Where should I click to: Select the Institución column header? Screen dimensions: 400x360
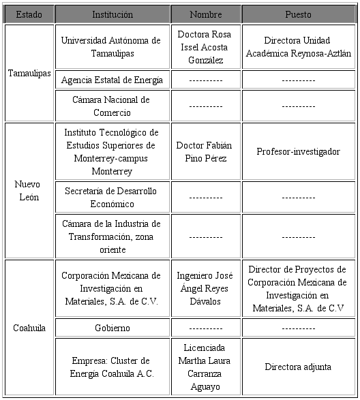coord(112,14)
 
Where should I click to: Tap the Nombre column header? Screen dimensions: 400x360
coord(205,14)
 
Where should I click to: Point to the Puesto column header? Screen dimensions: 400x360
coord(298,14)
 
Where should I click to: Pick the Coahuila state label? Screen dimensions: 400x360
coord(29,328)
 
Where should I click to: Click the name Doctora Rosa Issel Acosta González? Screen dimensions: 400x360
coord(205,47)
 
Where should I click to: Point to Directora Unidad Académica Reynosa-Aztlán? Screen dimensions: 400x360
coord(298,47)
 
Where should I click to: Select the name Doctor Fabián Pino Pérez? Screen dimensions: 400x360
coord(205,152)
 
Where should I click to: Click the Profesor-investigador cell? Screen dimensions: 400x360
coord(298,151)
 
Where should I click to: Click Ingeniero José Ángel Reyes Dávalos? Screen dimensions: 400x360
coord(205,288)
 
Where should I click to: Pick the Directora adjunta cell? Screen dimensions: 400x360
coord(298,367)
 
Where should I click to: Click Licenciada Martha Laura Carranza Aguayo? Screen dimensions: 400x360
coord(205,367)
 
